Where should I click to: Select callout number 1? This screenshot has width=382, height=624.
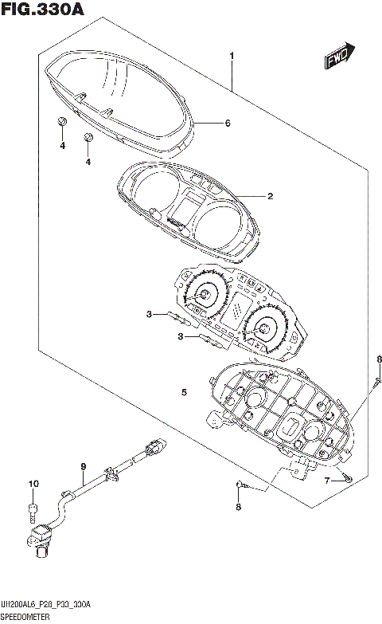coord(232,56)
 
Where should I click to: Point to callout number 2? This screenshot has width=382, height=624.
coord(270,195)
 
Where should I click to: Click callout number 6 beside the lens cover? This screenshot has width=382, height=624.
coord(227,124)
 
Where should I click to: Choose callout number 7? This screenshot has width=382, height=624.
coord(326,480)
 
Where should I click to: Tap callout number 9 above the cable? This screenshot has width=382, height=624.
coord(82,466)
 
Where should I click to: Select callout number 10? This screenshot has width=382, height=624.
coord(33,484)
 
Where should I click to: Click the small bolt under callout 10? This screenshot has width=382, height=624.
coord(33,508)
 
